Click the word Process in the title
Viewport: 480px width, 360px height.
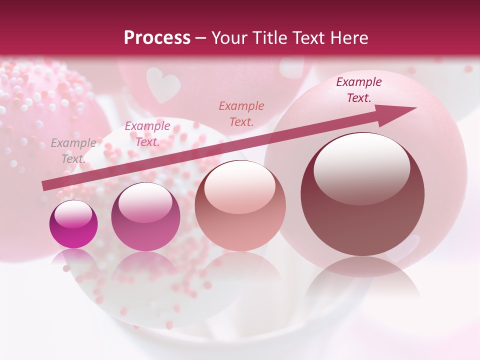(157, 38)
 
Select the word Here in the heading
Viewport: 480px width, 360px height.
(348, 38)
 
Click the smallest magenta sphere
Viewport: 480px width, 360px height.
(73, 224)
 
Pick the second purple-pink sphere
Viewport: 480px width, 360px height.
(145, 217)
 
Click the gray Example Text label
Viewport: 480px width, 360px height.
(73, 150)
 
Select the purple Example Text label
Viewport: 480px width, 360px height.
(147, 133)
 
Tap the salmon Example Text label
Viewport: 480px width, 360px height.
(241, 113)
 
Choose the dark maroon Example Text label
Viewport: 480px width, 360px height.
(358, 90)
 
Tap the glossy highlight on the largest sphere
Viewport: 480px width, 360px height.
(361, 167)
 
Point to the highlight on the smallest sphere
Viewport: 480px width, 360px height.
(73, 214)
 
